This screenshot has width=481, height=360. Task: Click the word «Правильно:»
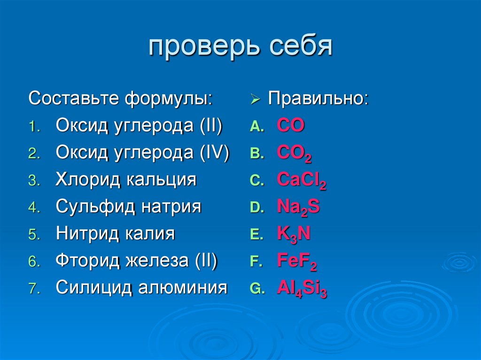[318, 99]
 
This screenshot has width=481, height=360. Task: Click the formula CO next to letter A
[291, 126]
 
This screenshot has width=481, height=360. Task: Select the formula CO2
[294, 153]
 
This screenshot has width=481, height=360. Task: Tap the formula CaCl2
[302, 180]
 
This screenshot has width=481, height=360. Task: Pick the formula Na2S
[298, 207]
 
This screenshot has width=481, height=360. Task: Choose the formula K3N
[294, 234]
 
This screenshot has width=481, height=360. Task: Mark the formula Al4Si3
[302, 289]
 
